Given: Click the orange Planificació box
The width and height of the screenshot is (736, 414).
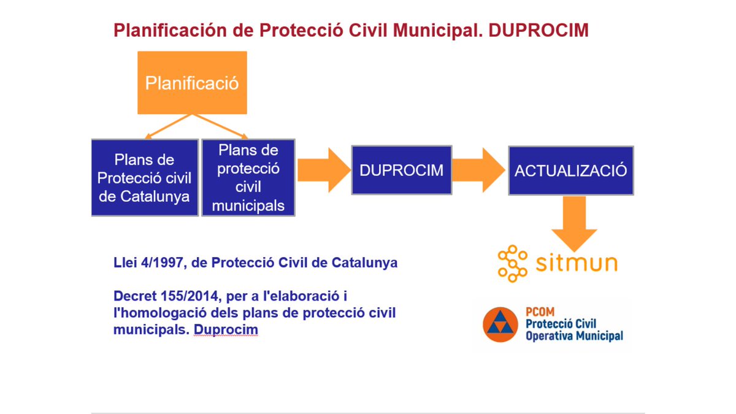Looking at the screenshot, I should tap(192, 82).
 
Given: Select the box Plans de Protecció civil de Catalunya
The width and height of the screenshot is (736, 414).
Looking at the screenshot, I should tap(145, 178).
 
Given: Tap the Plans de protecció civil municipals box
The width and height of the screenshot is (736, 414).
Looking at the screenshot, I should tap(248, 178).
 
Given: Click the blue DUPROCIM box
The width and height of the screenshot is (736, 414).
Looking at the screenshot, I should tap(401, 170).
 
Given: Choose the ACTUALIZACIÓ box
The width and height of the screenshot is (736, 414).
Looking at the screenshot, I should tap(570, 171).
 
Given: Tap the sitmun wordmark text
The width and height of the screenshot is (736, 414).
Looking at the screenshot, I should tap(577, 264).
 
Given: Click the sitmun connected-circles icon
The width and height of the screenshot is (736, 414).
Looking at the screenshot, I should tap(512, 264).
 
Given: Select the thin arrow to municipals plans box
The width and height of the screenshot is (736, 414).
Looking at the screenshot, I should tap(221, 127).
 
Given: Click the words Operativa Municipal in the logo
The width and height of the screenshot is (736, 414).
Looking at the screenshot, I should tap(574, 336).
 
